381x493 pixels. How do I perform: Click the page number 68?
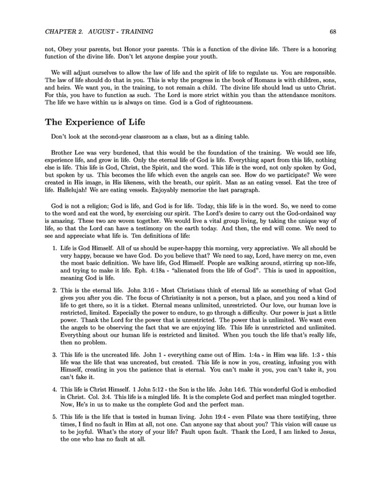[334, 31]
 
